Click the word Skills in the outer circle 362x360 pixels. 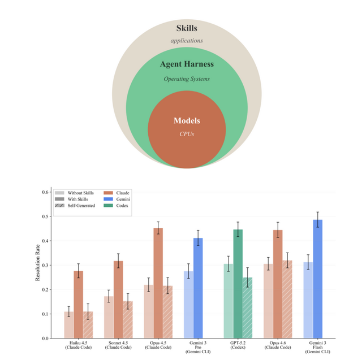[186, 29]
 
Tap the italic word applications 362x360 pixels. [186, 41]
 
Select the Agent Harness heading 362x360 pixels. [186, 64]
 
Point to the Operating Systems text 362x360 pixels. [187, 79]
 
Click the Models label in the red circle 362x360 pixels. [186, 120]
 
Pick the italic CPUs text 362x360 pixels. [186, 133]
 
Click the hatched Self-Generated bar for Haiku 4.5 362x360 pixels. [87, 324]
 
